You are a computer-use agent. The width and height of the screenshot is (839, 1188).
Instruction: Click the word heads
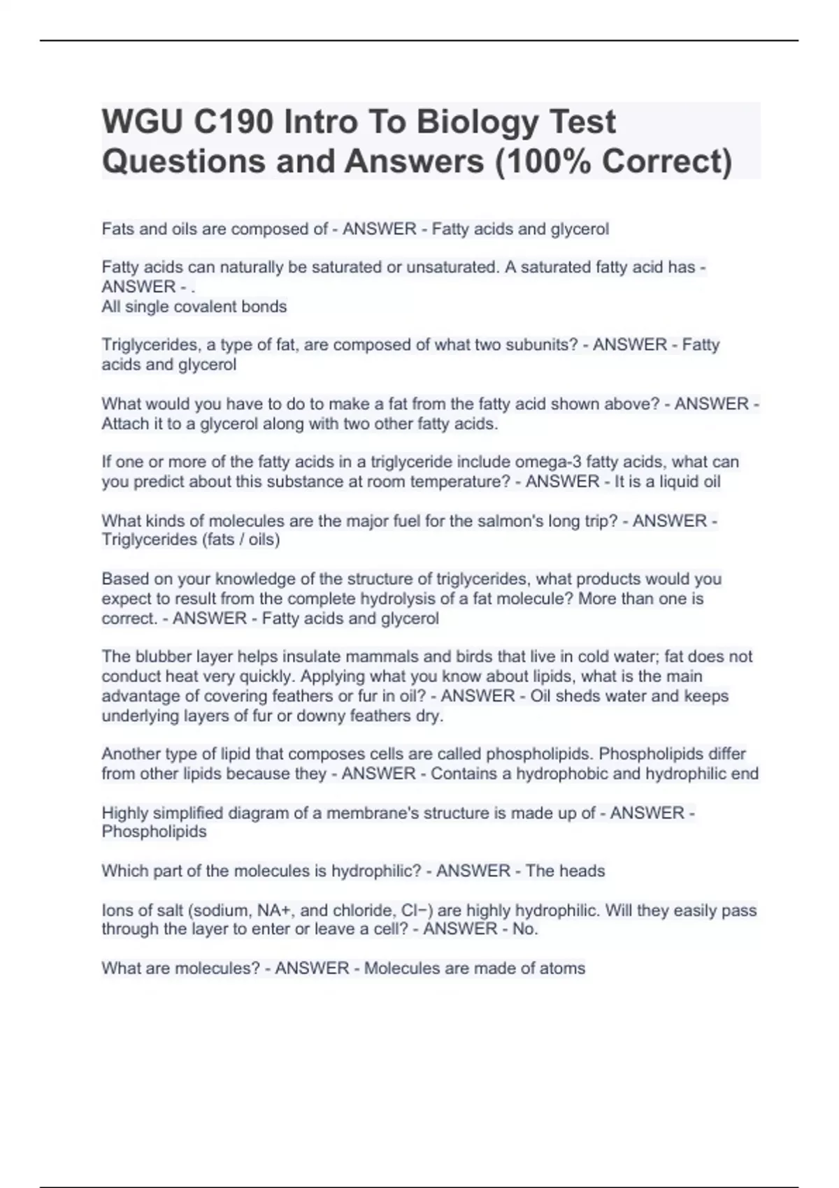582,871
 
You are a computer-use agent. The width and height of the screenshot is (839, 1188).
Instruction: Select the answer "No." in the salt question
524,929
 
